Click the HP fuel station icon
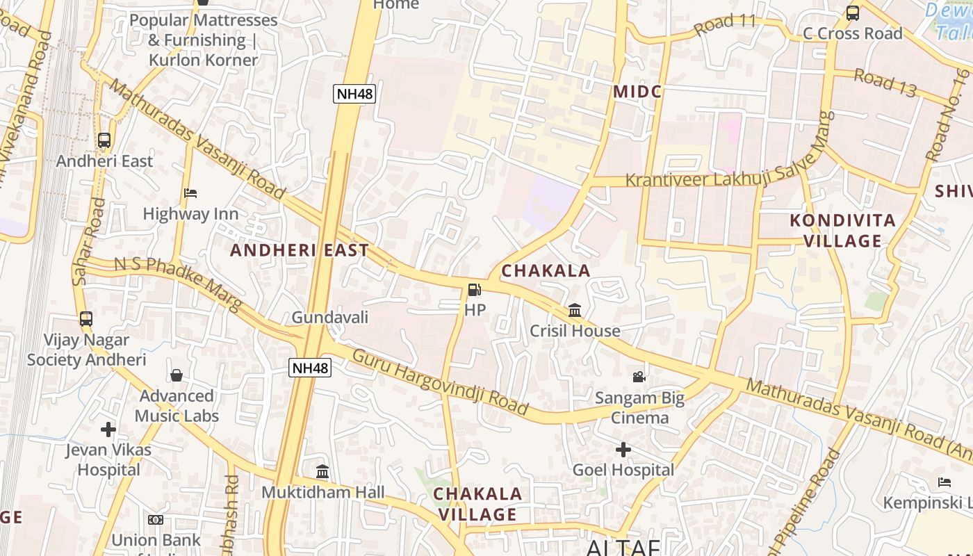click(474, 290)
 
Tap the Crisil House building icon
click(575, 310)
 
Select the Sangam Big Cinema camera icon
click(639, 377)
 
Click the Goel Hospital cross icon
click(623, 450)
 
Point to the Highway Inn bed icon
click(190, 193)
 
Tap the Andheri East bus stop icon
click(104, 140)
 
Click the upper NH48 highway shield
click(354, 94)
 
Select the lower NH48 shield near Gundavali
click(310, 368)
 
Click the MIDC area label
click(637, 92)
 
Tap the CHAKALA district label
click(546, 271)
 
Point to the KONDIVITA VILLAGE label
click(842, 231)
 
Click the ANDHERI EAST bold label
click(300, 250)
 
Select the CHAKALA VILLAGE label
click(477, 504)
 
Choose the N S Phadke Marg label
click(178, 284)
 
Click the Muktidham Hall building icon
click(322, 472)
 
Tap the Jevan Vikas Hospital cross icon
click(108, 430)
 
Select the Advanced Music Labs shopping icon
click(177, 375)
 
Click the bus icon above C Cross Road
click(852, 13)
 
